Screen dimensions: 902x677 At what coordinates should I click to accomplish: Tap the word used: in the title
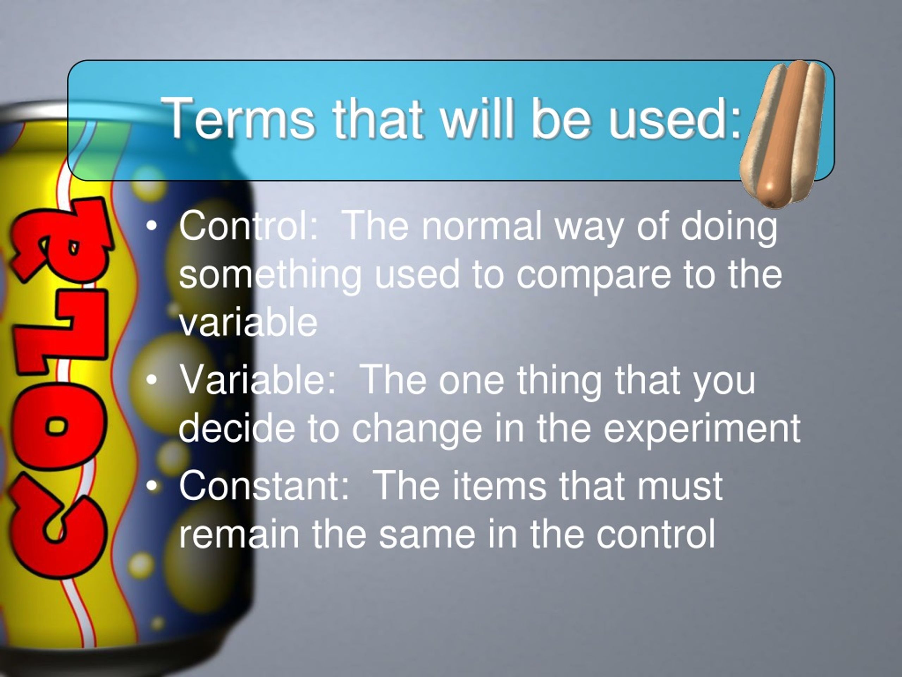coord(674,119)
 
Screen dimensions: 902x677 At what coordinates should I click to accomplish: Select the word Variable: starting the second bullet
coord(258,380)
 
